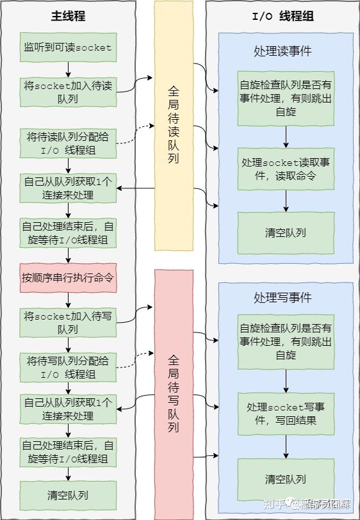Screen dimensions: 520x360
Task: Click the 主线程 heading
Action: [x=68, y=15]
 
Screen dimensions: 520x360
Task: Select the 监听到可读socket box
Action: [x=68, y=47]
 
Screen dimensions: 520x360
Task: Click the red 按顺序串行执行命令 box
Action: [x=68, y=278]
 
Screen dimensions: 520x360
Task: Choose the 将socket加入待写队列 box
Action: [x=68, y=322]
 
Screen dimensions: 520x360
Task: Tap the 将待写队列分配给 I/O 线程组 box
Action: [x=68, y=367]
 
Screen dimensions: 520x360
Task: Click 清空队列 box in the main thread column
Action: [x=68, y=495]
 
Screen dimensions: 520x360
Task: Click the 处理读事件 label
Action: [x=282, y=51]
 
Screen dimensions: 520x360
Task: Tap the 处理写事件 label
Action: [x=282, y=298]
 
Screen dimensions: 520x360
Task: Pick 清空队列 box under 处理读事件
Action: [x=286, y=232]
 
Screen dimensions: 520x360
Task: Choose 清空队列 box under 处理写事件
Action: [x=286, y=478]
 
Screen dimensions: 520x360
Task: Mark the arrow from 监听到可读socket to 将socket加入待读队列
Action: [x=68, y=69]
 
